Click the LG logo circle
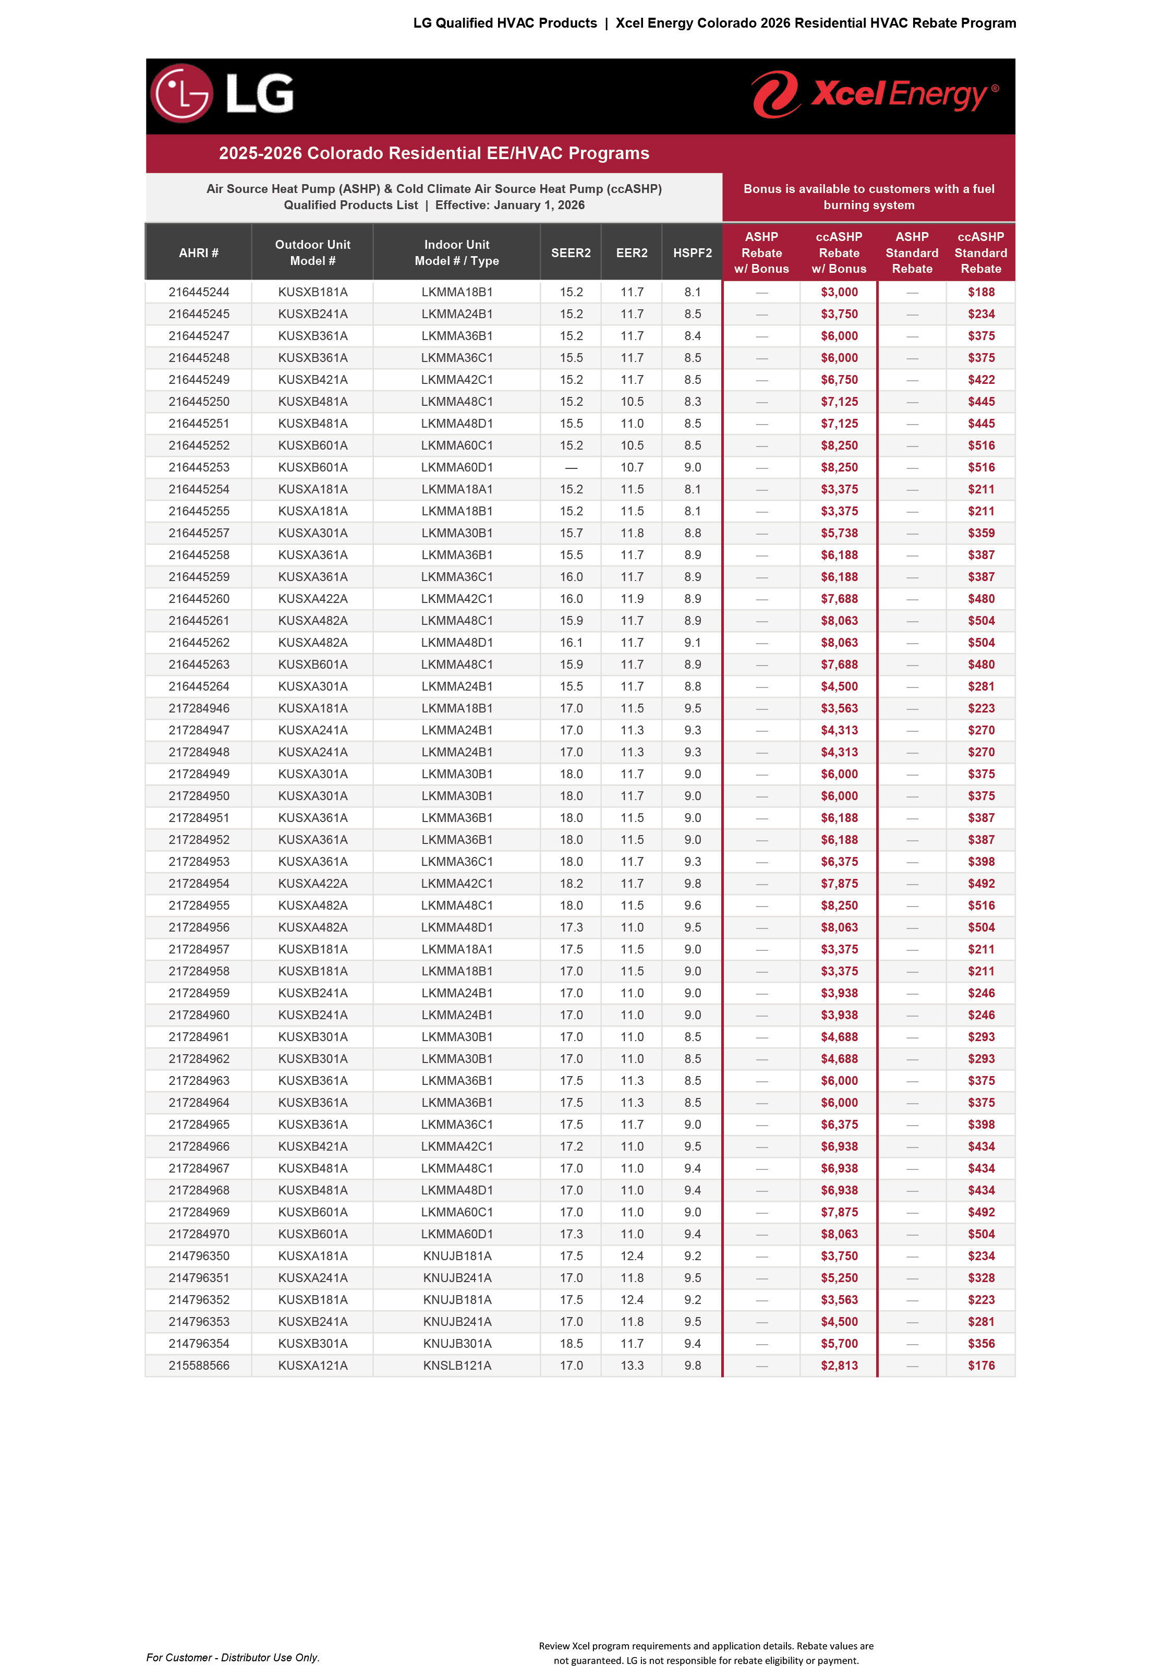[182, 93]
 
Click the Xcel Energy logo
[875, 94]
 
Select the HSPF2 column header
[692, 252]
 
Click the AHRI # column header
[199, 252]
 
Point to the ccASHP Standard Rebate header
[980, 252]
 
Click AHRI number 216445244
[199, 292]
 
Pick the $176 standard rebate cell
[981, 1365]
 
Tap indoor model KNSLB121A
[457, 1365]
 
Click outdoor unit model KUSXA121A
[312, 1365]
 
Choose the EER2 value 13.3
[632, 1365]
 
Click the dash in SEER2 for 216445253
[571, 468]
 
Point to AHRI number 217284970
[199, 1234]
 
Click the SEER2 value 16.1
[571, 643]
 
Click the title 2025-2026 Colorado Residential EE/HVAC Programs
[434, 153]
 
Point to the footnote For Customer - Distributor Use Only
[233, 1657]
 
